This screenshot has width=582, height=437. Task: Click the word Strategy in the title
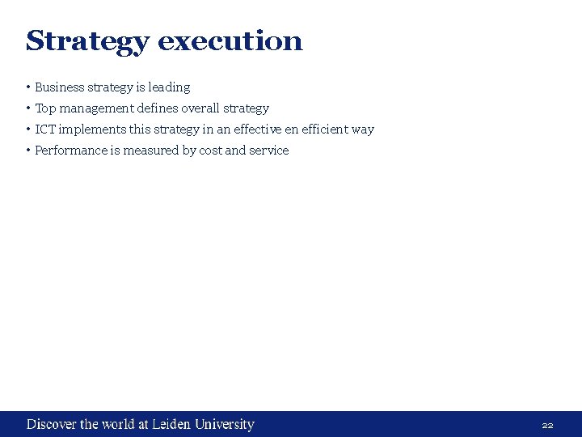[87, 41]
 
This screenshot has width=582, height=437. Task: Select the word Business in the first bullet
[59, 87]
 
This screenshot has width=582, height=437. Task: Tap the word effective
[258, 129]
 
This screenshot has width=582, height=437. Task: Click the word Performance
[69, 151]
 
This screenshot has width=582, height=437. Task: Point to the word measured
[151, 151]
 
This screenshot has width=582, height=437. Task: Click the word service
[269, 151]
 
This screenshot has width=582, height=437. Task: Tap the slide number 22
[547, 425]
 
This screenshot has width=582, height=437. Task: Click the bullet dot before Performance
[28, 151]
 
